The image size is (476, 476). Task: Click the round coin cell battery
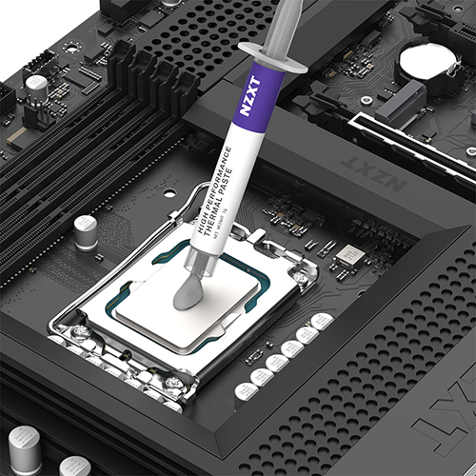pos(427,61)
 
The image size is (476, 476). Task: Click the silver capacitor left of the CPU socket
pos(85,229)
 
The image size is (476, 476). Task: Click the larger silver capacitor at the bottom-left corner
pos(24,444)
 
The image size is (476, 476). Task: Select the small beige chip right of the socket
pos(349,254)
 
